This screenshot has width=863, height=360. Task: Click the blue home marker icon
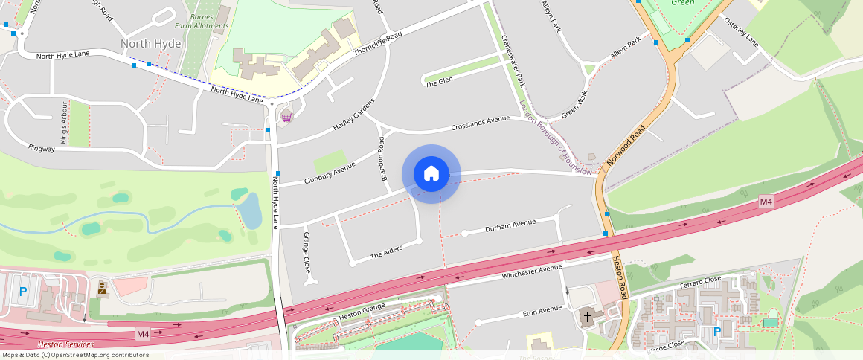click(x=431, y=174)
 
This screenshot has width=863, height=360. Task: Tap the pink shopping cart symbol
click(x=286, y=117)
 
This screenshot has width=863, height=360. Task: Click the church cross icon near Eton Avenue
click(x=587, y=316)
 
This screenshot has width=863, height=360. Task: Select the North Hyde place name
click(x=150, y=44)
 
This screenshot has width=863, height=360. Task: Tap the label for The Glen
click(x=439, y=82)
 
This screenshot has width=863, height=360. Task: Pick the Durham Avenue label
click(x=510, y=223)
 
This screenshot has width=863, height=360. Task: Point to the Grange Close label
click(x=306, y=252)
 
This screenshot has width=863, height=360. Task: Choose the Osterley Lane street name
click(x=741, y=33)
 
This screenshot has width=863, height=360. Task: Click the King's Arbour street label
click(x=64, y=122)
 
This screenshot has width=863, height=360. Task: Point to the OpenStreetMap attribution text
click(x=74, y=355)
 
